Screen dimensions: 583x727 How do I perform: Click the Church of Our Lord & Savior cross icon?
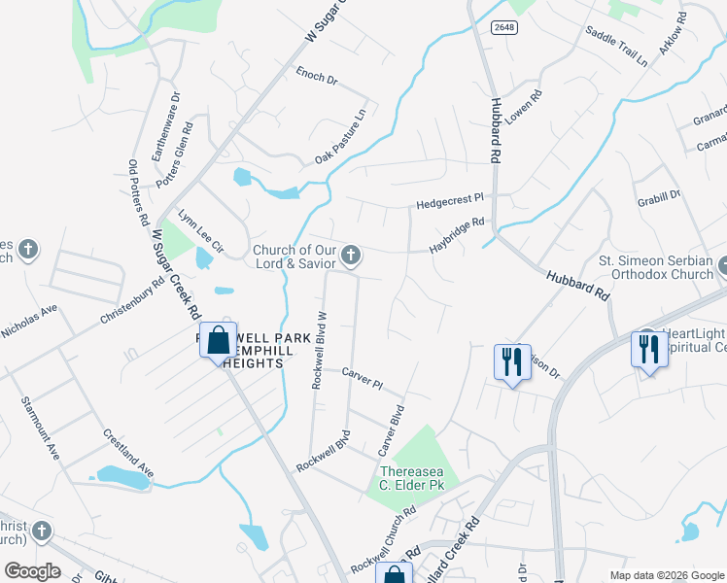coord(352,257)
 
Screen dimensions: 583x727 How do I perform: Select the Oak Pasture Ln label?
coord(340,138)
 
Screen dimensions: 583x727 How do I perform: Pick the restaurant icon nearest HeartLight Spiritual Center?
coord(645,349)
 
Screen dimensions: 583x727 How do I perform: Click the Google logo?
coord(32,571)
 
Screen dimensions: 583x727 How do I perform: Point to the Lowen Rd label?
coord(522,115)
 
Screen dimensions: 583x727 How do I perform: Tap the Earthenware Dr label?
coord(154,126)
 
